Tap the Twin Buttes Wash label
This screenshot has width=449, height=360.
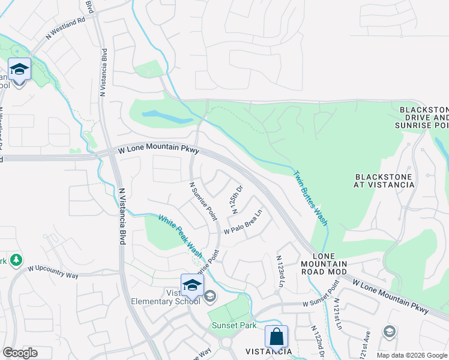tap(310, 197)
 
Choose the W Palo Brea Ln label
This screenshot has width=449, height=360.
tap(244, 222)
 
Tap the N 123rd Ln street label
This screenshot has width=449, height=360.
tap(280, 271)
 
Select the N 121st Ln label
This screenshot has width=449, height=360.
tap(337, 314)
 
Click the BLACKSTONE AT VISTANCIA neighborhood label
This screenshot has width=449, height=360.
tap(385, 181)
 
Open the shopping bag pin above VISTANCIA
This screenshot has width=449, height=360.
tap(276, 337)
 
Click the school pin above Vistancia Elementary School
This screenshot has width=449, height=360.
tap(192, 285)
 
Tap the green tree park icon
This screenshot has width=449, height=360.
tap(16, 260)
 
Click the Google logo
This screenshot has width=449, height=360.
tap(20, 353)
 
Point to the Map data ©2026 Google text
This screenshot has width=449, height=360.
tap(411, 355)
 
